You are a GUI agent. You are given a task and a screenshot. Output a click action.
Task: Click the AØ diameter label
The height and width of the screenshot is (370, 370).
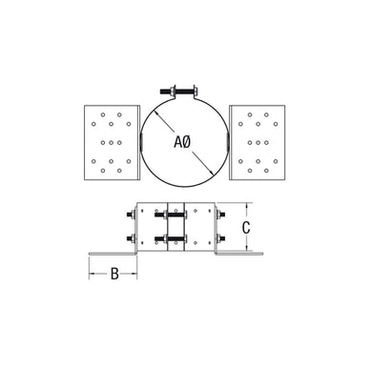(x=182, y=141)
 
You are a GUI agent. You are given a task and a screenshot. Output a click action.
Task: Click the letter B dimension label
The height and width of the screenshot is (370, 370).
(x=114, y=274)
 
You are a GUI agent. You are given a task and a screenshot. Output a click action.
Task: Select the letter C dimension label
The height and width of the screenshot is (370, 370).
(x=246, y=228)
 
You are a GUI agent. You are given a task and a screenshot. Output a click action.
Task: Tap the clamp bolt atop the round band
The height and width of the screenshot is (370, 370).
(x=178, y=92)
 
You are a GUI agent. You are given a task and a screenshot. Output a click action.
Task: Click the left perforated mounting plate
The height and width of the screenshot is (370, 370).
(x=112, y=143)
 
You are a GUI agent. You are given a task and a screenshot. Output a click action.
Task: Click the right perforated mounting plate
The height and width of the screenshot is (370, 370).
(x=257, y=143)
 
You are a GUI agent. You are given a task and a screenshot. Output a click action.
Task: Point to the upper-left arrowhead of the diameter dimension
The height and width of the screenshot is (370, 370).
(x=155, y=113)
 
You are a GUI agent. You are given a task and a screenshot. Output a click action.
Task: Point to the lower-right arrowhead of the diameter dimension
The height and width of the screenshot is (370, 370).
(x=210, y=172)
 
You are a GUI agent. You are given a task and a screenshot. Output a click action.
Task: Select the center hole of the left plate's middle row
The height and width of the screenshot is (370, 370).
(x=111, y=143)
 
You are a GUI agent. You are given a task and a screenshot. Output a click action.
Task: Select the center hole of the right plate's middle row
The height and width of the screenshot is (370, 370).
(x=257, y=143)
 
